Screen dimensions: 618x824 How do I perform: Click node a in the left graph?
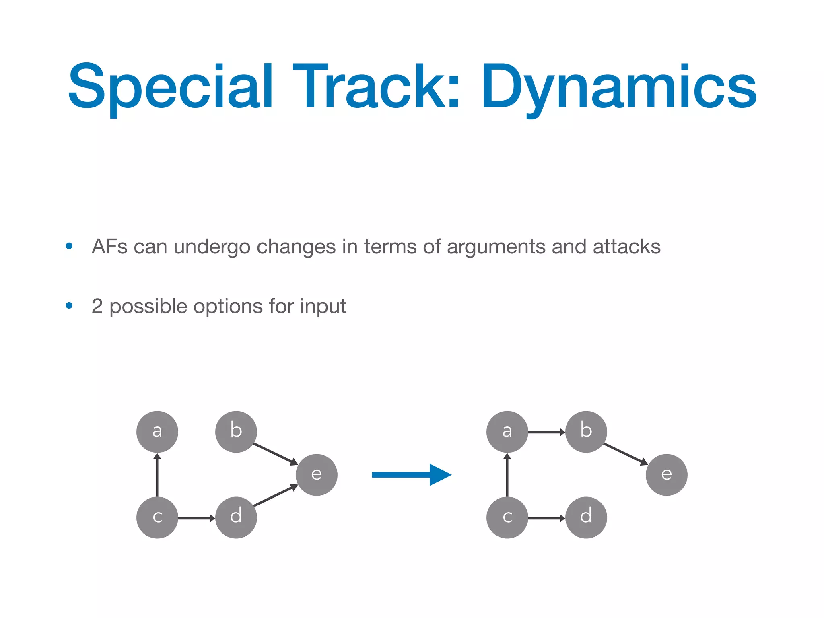(x=157, y=432)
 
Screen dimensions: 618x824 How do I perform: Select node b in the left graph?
(x=236, y=432)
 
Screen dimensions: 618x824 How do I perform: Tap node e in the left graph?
(x=316, y=475)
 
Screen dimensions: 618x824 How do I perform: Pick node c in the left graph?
(x=157, y=517)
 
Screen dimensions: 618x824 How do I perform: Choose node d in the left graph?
(x=236, y=517)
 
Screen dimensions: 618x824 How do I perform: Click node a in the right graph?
(x=507, y=432)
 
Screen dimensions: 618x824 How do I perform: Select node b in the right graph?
(x=586, y=432)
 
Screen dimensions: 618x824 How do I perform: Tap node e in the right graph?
(x=666, y=475)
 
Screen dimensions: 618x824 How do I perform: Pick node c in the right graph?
(x=507, y=517)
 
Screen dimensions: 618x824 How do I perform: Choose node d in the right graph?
(x=586, y=517)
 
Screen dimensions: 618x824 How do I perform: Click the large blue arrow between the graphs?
(x=410, y=475)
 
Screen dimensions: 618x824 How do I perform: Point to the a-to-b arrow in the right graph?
(x=546, y=432)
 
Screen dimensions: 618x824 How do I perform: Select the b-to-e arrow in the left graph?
(x=275, y=454)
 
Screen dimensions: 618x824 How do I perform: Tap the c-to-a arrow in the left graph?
(x=157, y=475)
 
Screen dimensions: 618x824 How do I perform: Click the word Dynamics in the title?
(x=619, y=87)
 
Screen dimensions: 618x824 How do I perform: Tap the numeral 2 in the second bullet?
(x=97, y=306)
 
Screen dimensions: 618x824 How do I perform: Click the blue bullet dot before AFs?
(x=69, y=246)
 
